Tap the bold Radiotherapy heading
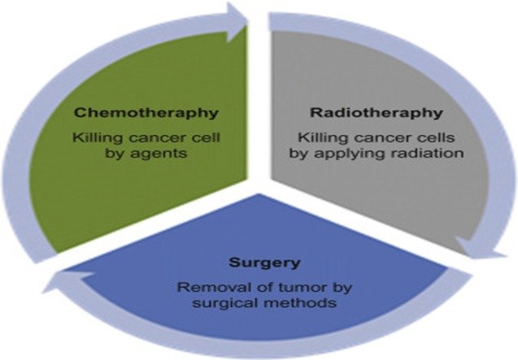pyautogui.click(x=374, y=111)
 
